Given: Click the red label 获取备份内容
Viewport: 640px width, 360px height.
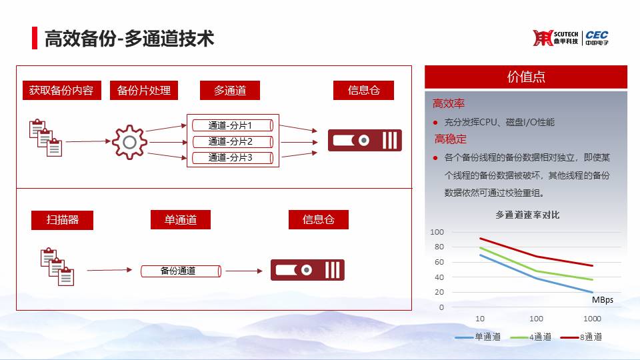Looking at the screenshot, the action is click(61, 90).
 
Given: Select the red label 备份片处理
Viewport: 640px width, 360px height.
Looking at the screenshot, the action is click(144, 90).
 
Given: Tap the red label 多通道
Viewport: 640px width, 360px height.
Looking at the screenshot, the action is click(230, 90).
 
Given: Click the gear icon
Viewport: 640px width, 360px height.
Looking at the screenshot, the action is click(129, 142).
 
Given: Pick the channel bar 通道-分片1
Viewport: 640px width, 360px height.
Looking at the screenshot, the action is click(233, 125).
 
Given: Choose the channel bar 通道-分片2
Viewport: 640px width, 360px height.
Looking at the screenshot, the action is click(233, 141).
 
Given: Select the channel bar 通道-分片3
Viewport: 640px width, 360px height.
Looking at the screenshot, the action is click(233, 157).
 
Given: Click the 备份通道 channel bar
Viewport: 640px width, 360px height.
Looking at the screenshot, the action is click(181, 271).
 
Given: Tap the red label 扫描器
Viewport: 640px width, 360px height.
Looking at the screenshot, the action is click(62, 220).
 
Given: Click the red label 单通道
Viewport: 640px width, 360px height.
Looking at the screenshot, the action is click(181, 219).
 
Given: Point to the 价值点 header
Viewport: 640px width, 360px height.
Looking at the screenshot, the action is click(526, 77).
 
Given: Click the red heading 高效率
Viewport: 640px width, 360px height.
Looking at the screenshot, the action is click(449, 103).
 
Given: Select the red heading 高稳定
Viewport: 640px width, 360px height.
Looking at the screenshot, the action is click(450, 139).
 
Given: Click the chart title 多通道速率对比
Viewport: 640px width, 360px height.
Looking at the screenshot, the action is click(527, 215).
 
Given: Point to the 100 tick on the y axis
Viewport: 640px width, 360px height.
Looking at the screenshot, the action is click(437, 232).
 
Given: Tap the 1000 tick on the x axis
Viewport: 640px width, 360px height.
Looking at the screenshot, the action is click(592, 319).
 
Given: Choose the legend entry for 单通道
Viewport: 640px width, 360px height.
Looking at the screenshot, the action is click(477, 337).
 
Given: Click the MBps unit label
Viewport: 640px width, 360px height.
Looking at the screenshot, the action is click(603, 299).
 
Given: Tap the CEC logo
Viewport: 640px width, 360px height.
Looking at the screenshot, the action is click(597, 37).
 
